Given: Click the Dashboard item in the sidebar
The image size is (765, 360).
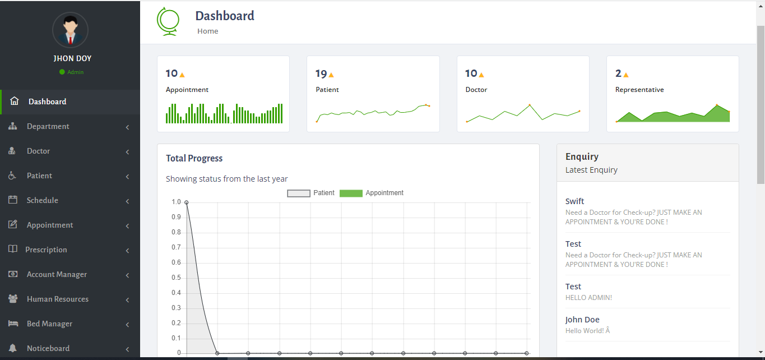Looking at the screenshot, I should [47, 101].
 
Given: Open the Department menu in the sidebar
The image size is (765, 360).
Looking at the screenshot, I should [48, 126].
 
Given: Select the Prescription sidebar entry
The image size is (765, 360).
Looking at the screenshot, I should [46, 250].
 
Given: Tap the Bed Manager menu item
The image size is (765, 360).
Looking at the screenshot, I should [49, 324].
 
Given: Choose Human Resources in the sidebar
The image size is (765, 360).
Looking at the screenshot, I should [57, 299].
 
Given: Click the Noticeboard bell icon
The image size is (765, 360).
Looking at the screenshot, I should [13, 348].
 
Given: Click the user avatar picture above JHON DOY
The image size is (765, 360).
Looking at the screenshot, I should [70, 30].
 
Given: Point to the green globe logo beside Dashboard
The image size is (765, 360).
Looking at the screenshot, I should [168, 21].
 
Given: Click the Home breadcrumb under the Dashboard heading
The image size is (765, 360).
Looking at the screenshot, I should [207, 31].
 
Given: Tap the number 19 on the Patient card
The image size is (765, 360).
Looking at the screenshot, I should [321, 73].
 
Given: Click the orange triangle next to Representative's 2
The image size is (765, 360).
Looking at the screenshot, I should [626, 75].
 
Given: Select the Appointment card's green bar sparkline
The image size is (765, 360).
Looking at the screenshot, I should [224, 113].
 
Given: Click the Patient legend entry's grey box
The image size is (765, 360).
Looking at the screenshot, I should [298, 193].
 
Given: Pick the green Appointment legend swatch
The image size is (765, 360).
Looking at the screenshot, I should [351, 193].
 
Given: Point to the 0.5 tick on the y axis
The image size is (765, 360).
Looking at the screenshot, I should [176, 278].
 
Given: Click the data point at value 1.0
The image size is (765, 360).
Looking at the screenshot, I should [186, 202].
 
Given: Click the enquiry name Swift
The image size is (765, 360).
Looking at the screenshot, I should [574, 201].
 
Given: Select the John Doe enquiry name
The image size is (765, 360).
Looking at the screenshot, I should [582, 320].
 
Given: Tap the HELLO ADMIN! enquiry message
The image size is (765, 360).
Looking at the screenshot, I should [588, 298].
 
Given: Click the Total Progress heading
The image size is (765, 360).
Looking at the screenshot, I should [194, 159].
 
